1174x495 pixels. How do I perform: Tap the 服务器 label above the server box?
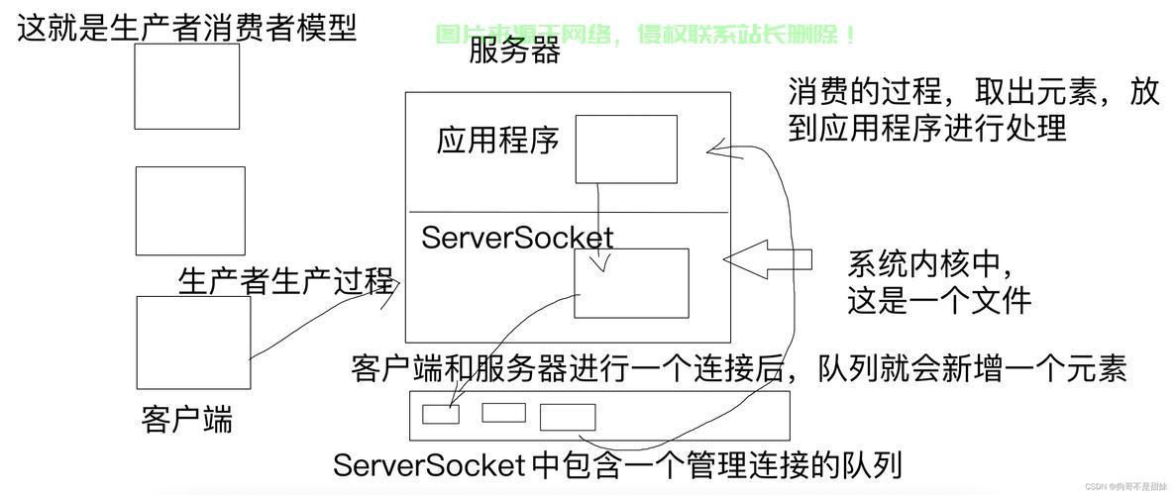click(514, 50)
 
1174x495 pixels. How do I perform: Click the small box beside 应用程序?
click(626, 148)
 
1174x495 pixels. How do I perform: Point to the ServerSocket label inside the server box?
click(517, 238)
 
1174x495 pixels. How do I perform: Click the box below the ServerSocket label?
click(631, 282)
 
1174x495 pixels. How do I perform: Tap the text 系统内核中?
click(930, 264)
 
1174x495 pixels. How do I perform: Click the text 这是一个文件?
click(938, 300)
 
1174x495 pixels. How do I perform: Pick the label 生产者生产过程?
click(285, 281)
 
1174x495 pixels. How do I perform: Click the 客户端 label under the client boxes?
click(187, 419)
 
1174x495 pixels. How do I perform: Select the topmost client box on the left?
click(186, 86)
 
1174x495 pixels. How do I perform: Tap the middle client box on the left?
click(189, 211)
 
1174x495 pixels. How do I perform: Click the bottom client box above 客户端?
click(193, 342)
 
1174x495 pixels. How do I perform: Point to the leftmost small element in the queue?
click(441, 414)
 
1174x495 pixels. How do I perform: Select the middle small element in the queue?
click(503, 413)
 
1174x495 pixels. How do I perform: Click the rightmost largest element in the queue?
click(568, 417)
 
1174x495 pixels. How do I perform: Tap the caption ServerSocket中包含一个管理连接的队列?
click(617, 464)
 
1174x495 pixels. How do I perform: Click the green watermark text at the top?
click(646, 35)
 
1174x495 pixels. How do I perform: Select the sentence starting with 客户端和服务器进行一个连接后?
click(738, 369)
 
